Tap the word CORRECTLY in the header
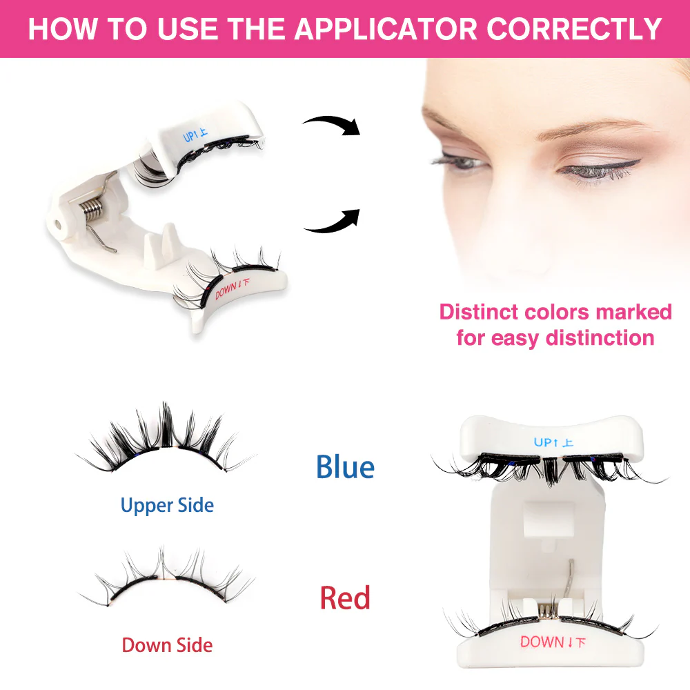[x=575, y=28]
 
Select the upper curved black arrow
[x=332, y=125]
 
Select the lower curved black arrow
[x=332, y=220]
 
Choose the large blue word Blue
[x=345, y=467]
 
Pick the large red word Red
[x=345, y=598]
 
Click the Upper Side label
[x=167, y=505]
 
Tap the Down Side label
[x=167, y=645]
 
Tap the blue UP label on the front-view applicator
[x=553, y=442]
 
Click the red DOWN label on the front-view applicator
[x=553, y=642]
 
